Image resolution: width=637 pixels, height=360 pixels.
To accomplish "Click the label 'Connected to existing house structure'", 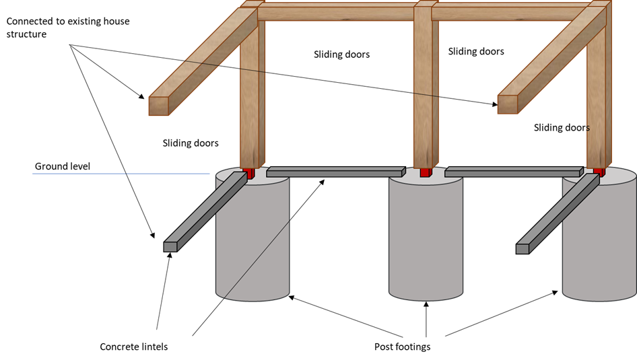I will coord(67,28).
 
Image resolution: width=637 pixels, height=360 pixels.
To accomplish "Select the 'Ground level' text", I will coord(62,166).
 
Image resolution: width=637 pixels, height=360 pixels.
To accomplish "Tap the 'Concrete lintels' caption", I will coord(133,347).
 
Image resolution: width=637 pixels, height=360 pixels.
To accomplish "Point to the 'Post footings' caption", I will coord(401,347).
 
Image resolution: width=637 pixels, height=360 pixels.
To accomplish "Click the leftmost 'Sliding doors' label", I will coord(191,143).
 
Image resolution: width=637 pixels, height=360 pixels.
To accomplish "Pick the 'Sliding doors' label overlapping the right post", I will coord(562,127).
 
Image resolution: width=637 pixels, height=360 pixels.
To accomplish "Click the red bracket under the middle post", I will coord(425,172).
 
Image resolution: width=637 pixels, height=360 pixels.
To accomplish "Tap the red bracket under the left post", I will coord(250,174).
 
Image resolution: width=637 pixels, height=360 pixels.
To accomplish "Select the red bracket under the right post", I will coord(598,172).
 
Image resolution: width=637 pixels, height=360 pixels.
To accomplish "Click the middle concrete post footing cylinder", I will coord(426,236).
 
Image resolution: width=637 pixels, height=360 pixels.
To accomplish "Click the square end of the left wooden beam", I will coord(158,106).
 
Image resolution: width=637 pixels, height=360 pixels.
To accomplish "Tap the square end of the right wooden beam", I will coord(507,104).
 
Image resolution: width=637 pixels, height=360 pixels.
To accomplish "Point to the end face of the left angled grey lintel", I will coord(170,246).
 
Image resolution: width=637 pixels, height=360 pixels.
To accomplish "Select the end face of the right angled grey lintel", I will coord(522,249).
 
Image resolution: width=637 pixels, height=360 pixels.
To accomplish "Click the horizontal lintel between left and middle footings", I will coord(335,172).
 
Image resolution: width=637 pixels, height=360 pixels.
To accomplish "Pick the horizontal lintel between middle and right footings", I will coord(512,172).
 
